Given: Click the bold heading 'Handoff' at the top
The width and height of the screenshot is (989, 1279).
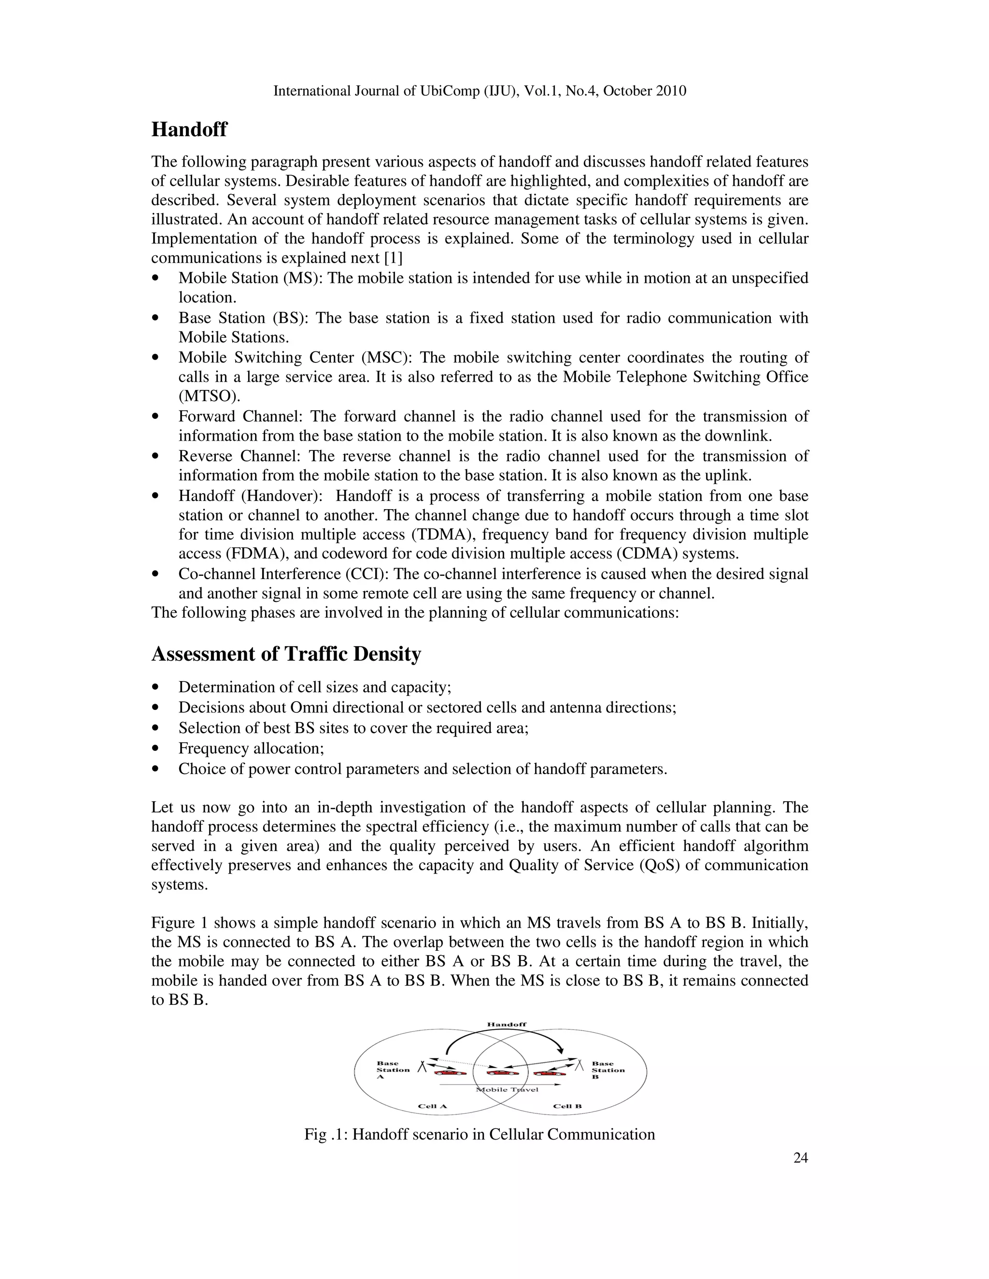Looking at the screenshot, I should pos(189,129).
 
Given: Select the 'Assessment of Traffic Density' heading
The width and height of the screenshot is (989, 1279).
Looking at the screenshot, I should pos(286,654).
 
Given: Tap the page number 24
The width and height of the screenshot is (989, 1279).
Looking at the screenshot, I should pos(800,1158).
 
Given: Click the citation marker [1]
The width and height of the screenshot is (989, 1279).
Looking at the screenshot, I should pos(393,258).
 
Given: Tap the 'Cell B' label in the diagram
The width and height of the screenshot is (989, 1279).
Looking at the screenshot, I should pos(567,1106).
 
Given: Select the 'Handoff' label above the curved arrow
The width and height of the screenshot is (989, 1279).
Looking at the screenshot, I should pos(507,1024).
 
